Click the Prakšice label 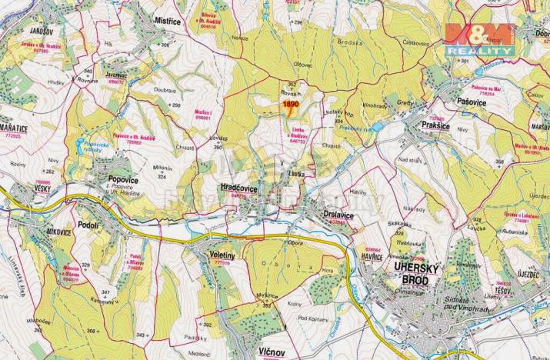click(436, 125)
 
